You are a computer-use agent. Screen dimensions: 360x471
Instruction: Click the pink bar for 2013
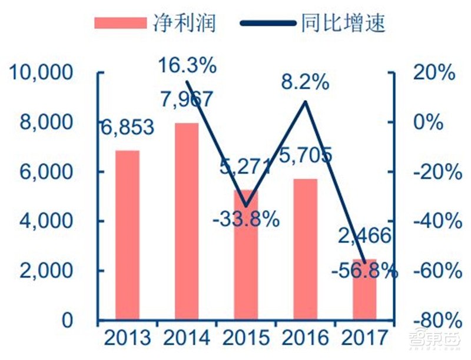[128, 235]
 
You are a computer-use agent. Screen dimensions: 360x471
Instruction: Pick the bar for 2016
[305, 250]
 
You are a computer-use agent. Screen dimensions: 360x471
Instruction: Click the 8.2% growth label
[305, 82]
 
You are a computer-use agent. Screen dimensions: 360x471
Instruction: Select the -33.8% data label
[246, 220]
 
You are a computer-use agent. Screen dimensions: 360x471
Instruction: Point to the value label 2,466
[365, 236]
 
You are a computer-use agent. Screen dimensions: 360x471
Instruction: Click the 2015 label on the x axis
[246, 338]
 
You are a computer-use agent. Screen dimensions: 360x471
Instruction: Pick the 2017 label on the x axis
[364, 338]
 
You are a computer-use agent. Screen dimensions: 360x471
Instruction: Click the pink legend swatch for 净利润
[121, 23]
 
